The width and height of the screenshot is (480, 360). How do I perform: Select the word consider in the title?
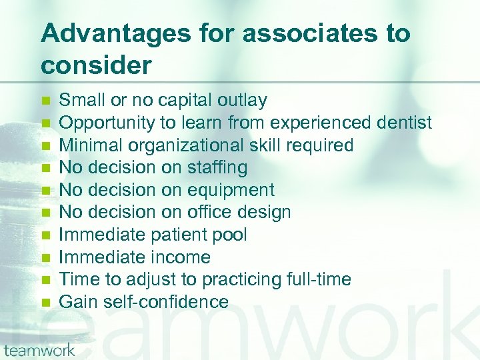(96, 65)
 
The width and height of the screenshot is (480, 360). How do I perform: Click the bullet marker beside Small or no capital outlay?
(45, 101)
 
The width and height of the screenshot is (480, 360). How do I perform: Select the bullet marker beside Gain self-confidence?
(45, 303)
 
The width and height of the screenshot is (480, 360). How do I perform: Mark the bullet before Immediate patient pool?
(45, 235)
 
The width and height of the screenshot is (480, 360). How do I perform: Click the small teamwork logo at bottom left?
(40, 349)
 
